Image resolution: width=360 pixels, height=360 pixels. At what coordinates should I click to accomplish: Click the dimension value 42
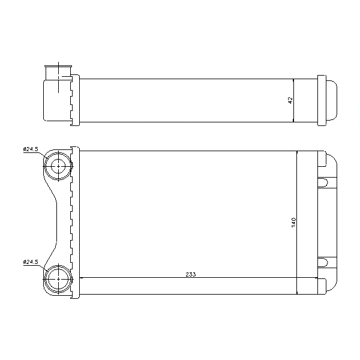(290, 100)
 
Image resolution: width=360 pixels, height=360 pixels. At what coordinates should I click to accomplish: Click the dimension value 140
(293, 223)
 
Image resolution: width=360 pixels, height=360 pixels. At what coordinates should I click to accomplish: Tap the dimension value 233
(191, 274)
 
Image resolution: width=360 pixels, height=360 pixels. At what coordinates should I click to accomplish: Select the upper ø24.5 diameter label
(31, 149)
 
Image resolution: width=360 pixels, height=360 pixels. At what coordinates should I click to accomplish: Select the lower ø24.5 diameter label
(31, 262)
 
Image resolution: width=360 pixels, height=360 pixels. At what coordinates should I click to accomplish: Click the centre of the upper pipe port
(58, 166)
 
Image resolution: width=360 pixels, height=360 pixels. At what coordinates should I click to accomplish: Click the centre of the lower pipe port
(58, 279)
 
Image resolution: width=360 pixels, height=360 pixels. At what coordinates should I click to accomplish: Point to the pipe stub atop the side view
(58, 73)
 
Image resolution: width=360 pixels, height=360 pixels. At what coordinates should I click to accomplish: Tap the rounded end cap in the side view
(332, 100)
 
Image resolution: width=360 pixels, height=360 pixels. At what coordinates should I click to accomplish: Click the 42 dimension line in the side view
(293, 100)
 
